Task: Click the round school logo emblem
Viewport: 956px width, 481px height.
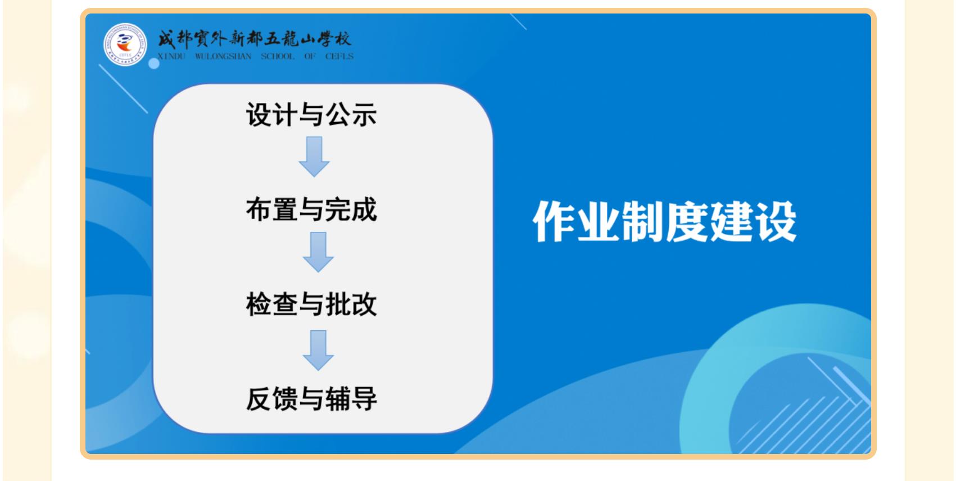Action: click(x=125, y=44)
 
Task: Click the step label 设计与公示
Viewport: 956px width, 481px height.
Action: click(x=311, y=114)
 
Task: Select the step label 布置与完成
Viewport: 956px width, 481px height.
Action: click(x=311, y=209)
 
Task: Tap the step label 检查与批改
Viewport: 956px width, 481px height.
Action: click(x=311, y=304)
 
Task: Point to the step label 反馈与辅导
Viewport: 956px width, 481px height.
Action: click(x=311, y=399)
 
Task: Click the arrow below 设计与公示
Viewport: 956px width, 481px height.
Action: click(x=314, y=157)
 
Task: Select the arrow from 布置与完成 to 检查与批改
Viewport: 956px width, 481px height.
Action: click(x=318, y=252)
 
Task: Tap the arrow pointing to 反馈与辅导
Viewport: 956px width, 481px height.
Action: click(x=318, y=350)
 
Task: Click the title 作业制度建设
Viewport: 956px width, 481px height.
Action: click(x=664, y=222)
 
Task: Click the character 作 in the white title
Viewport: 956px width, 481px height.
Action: click(x=554, y=222)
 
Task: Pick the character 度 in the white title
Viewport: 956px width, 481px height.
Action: click(x=687, y=222)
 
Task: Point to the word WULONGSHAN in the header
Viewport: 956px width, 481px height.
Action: click(x=223, y=56)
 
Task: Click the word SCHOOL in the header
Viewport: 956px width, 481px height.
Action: click(x=278, y=56)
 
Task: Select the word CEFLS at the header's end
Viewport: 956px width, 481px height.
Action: click(x=339, y=56)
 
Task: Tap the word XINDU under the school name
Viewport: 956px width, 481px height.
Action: click(x=171, y=56)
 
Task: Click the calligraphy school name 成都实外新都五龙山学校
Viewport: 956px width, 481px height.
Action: click(x=255, y=39)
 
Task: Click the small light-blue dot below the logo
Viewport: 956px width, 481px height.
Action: click(x=154, y=64)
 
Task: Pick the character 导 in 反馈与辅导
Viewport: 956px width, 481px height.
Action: click(x=364, y=399)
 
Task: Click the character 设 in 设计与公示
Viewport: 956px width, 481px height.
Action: click(x=259, y=114)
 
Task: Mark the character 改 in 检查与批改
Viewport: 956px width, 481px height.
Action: click(x=364, y=304)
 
